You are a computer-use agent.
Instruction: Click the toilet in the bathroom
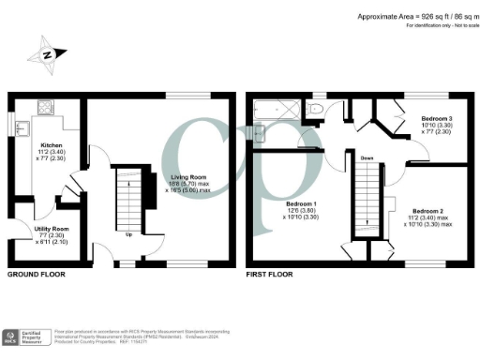coord(316,112)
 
